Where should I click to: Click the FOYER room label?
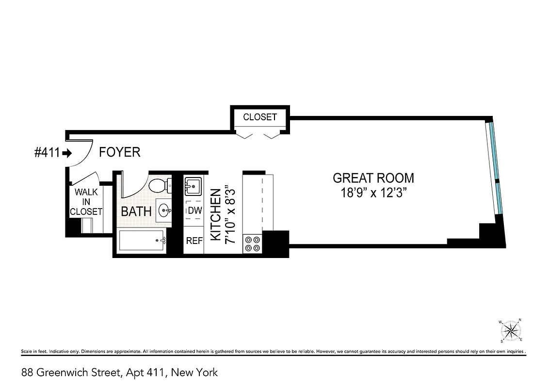click(119, 152)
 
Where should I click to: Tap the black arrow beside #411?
click(67, 153)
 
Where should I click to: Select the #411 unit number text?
click(47, 153)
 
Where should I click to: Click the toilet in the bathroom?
click(158, 185)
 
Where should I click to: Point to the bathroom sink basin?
click(163, 210)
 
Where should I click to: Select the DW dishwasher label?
click(194, 211)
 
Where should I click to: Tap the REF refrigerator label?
click(194, 241)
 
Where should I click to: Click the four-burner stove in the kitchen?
click(252, 243)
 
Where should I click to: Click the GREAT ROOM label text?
click(373, 178)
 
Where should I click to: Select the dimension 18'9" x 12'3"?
click(373, 193)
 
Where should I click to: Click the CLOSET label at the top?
click(260, 117)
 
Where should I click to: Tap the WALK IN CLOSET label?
click(86, 202)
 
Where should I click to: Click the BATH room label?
click(136, 211)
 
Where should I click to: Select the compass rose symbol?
click(510, 331)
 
